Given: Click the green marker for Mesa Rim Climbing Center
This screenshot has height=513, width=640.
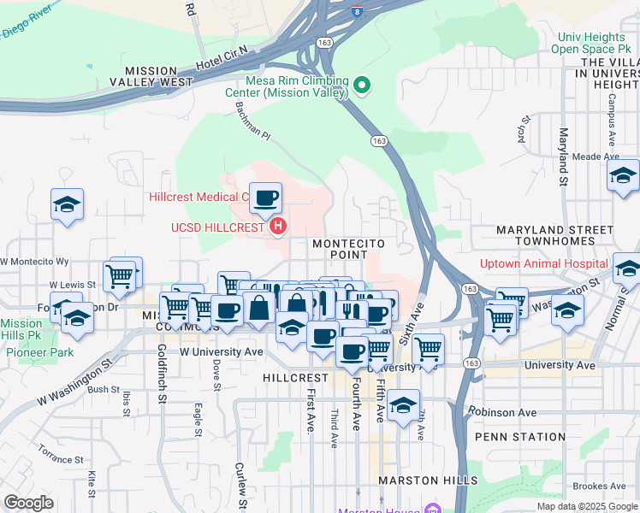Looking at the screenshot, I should coord(362,84).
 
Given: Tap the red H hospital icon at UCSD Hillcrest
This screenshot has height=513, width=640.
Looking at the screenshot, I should coord(277,227).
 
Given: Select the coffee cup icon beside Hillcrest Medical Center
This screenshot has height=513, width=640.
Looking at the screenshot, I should coord(265,199).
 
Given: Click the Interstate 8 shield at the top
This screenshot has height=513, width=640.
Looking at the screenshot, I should coord(355,12).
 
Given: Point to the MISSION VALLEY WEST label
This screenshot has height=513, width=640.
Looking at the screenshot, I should coord(159,76).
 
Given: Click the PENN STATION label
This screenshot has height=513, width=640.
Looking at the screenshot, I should coord(521,437).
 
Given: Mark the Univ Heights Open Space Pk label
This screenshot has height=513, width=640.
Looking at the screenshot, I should coord(592,43).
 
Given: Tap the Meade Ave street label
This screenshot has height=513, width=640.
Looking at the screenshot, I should coord(596,156).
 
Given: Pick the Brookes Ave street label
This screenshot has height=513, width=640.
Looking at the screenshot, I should coord(600,486).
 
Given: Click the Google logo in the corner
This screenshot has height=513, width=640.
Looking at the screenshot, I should coord(28,503).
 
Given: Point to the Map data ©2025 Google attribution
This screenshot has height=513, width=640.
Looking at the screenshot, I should coord(587,506).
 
